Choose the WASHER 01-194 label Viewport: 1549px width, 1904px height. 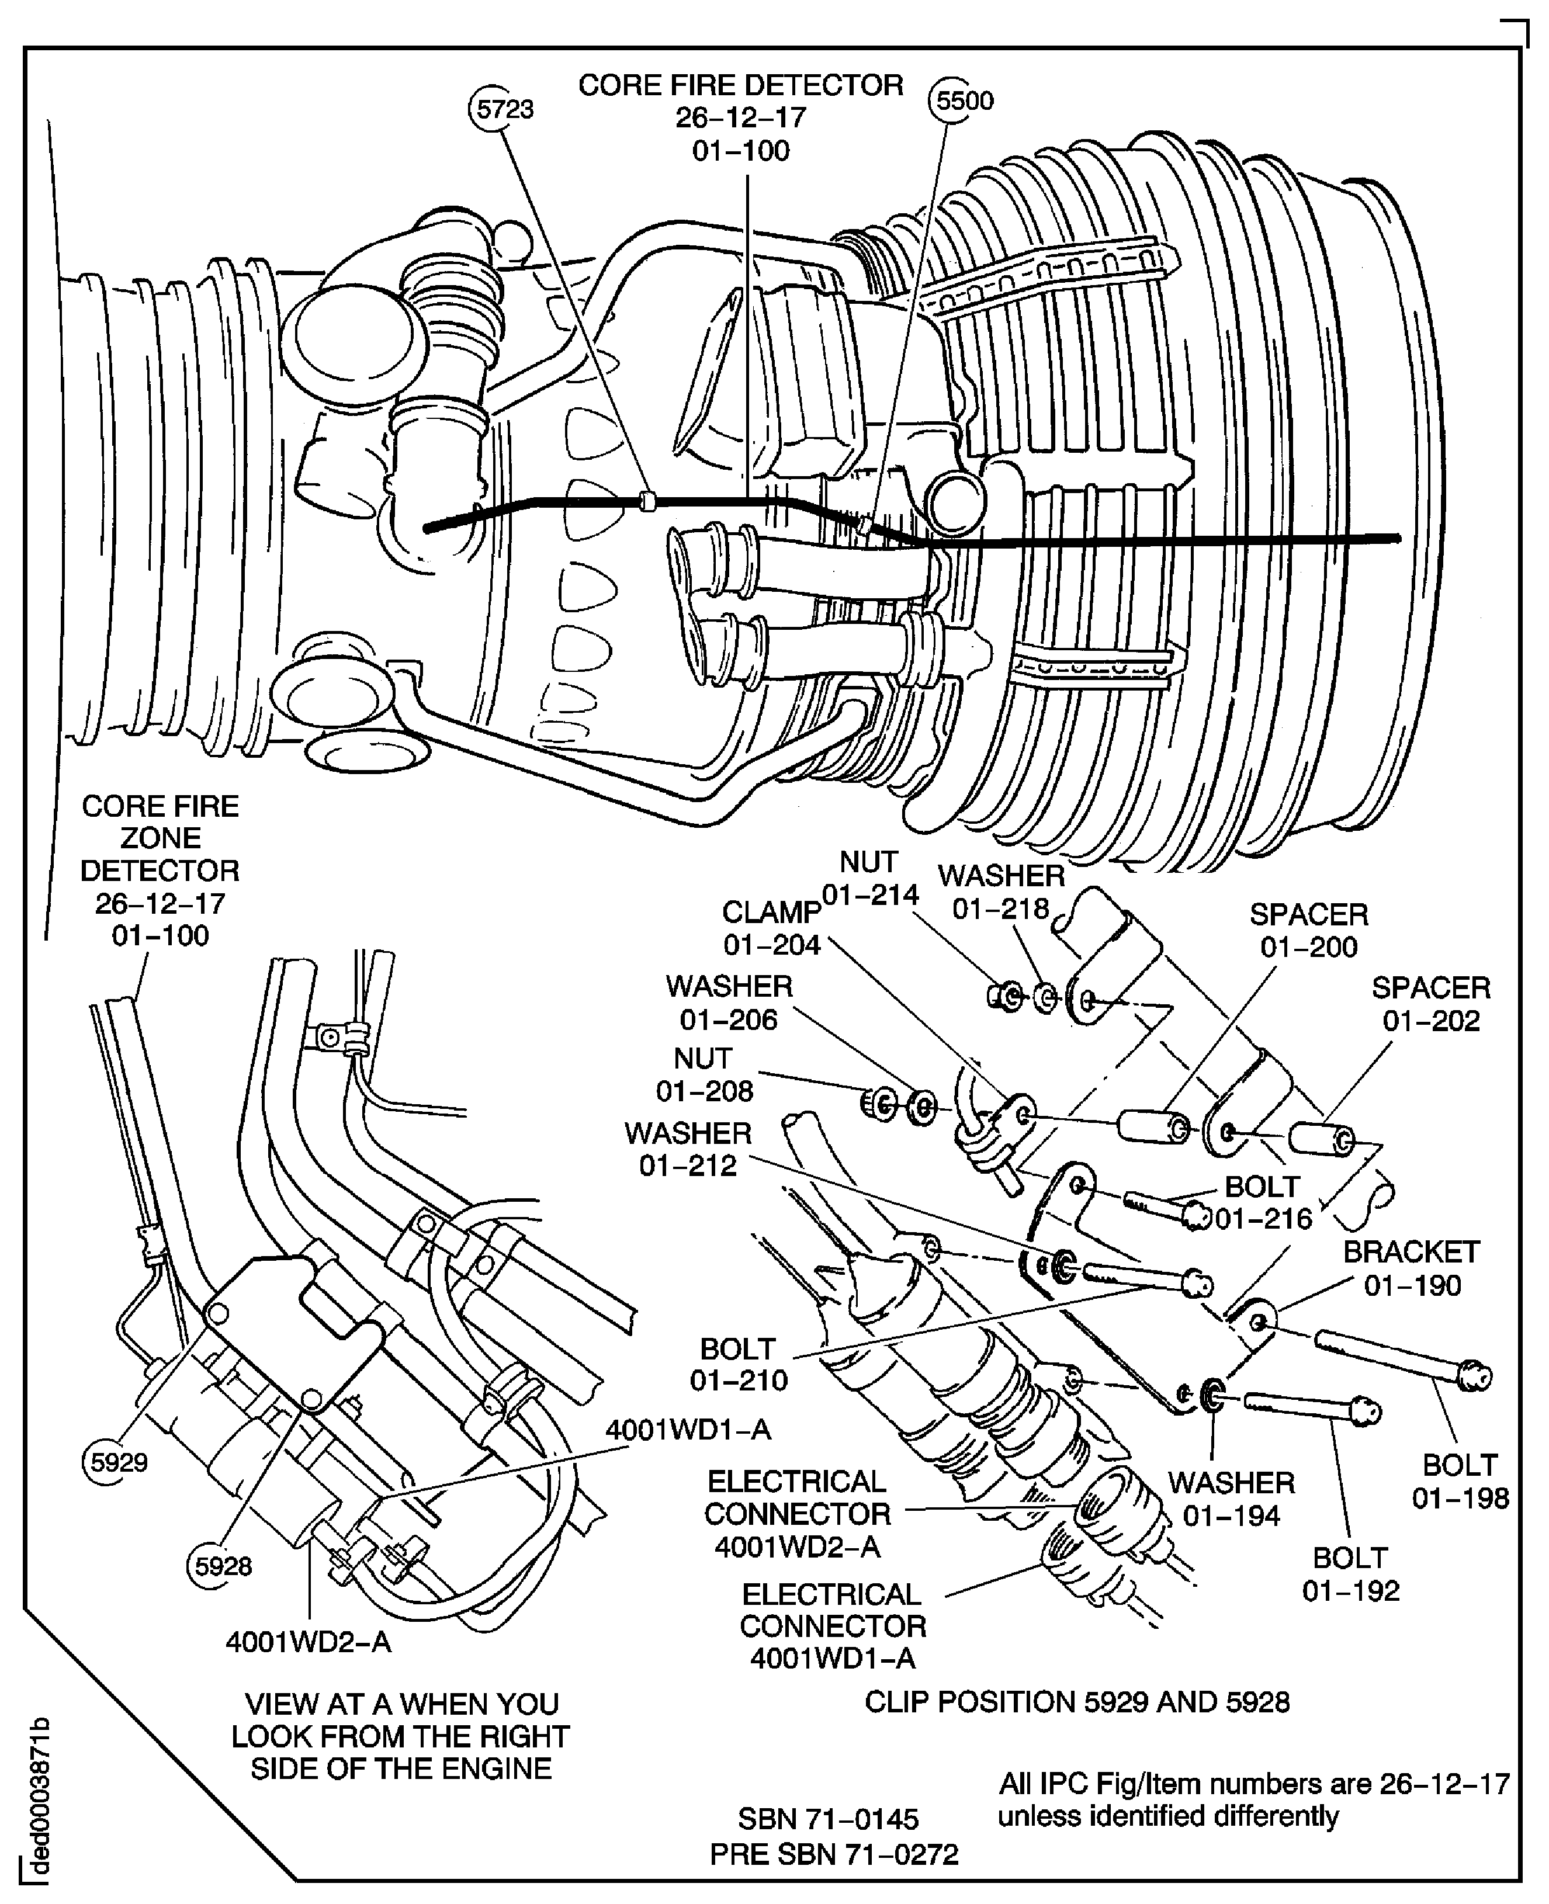tap(1231, 1499)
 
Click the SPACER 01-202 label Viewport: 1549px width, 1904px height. tap(1431, 1004)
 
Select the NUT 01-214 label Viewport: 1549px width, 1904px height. tap(869, 878)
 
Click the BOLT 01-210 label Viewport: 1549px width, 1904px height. tap(738, 1364)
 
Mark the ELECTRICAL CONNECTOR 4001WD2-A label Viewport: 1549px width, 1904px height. tap(798, 1513)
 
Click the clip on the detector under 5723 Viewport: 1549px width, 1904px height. tap(649, 501)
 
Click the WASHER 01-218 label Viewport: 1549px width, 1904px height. tap(1001, 892)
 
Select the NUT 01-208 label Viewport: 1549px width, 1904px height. tap(704, 1074)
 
